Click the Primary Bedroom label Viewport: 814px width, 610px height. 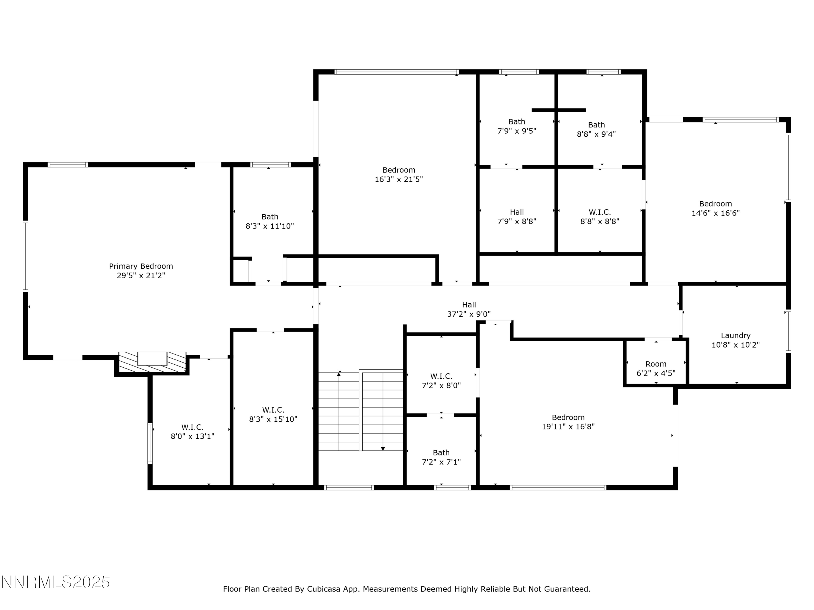click(141, 266)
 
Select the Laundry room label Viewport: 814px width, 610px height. click(735, 335)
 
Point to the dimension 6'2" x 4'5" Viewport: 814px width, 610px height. click(656, 373)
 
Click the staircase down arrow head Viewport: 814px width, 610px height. click(383, 449)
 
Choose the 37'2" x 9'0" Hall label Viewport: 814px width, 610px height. click(469, 309)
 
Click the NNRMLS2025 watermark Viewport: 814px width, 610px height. click(56, 582)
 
